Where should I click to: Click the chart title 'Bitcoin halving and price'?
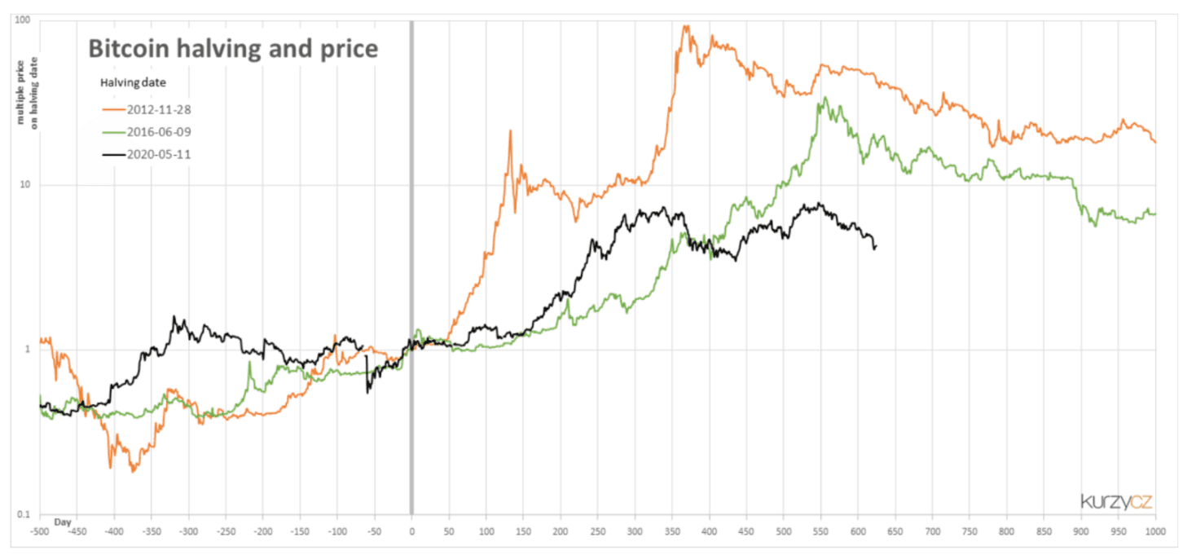pyautogui.click(x=232, y=49)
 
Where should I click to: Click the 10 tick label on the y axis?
pyautogui.click(x=24, y=185)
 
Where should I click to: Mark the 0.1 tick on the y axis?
pyautogui.click(x=24, y=513)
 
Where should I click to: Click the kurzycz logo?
pyautogui.click(x=1116, y=500)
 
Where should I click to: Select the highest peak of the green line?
pyautogui.click(x=825, y=98)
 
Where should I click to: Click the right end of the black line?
pyautogui.click(x=875, y=247)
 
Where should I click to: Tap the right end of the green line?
pyautogui.click(x=1155, y=214)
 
